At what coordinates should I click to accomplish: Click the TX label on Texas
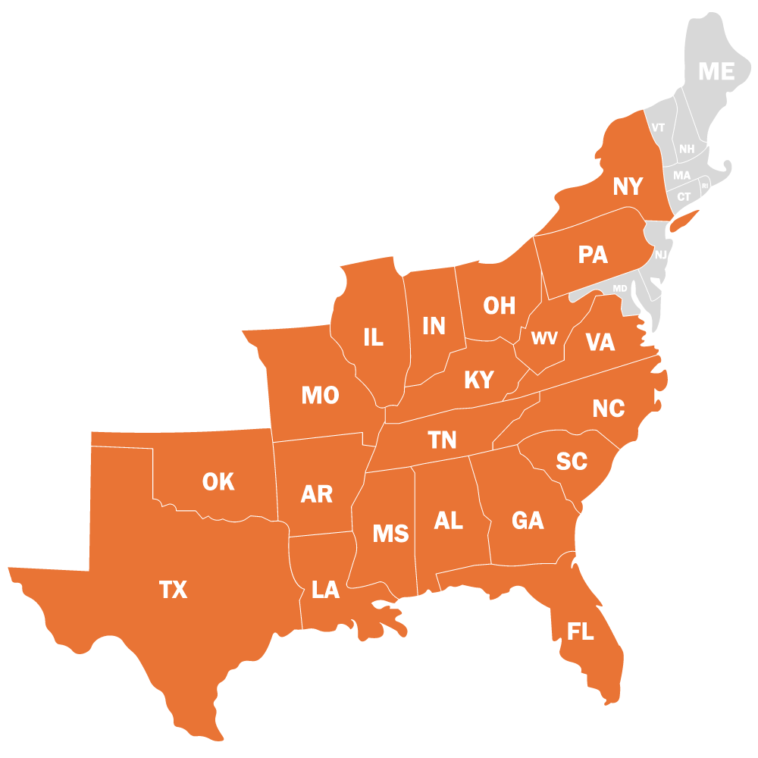(174, 590)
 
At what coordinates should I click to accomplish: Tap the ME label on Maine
(716, 71)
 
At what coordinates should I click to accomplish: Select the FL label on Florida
(581, 631)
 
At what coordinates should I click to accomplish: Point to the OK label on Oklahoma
(218, 481)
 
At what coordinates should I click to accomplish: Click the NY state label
(628, 186)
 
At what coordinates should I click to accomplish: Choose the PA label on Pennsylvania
(593, 255)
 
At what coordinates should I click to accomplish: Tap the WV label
(544, 339)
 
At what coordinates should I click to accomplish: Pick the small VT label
(658, 127)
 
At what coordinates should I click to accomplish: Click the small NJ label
(661, 255)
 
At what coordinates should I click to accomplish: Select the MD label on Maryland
(620, 289)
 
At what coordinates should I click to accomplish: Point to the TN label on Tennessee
(443, 440)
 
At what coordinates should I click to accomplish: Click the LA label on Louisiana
(326, 590)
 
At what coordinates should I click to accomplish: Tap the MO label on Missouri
(320, 395)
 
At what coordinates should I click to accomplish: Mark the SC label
(572, 461)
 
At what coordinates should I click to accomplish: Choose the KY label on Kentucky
(479, 380)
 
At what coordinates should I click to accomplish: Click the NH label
(687, 149)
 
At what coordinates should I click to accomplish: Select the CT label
(684, 197)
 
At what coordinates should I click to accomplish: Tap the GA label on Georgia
(528, 521)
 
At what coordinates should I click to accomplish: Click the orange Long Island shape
(684, 221)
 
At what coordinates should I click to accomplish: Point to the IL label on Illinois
(373, 337)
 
